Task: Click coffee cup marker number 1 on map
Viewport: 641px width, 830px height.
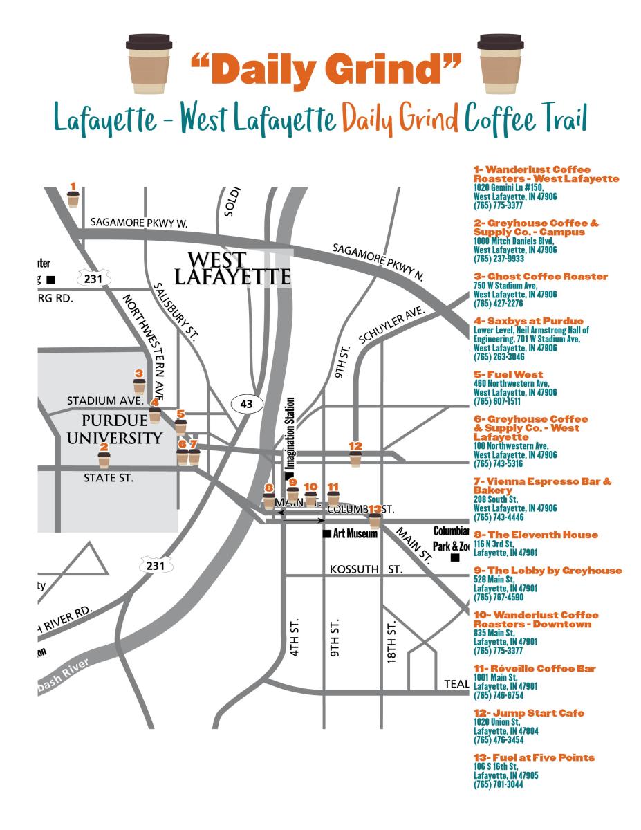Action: pos(73,199)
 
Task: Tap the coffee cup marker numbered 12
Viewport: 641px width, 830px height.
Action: pos(355,459)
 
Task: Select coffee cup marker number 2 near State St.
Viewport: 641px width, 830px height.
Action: pos(104,459)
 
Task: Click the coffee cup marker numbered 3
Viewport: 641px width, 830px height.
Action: pos(139,385)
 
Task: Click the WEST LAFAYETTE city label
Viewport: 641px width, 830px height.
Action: pos(231,269)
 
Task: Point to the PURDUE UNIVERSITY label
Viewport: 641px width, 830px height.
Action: pos(122,429)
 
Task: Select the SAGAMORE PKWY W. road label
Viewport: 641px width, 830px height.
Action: pos(139,223)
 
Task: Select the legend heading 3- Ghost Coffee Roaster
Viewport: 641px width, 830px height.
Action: pos(540,276)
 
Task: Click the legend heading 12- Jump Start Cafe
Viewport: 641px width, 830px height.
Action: pos(528,712)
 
